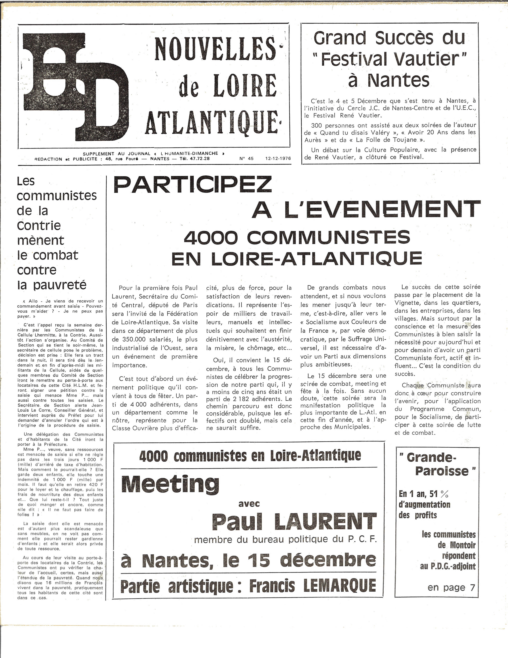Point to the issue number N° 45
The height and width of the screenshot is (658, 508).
click(x=246, y=158)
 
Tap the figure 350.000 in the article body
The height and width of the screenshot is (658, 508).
click(x=134, y=340)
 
